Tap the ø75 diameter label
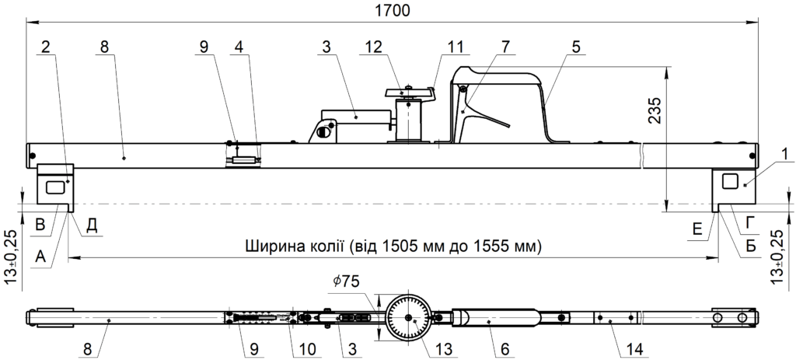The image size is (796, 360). tap(348, 281)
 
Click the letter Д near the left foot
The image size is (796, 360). tap(92, 225)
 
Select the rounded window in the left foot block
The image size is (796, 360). tap(55, 186)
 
